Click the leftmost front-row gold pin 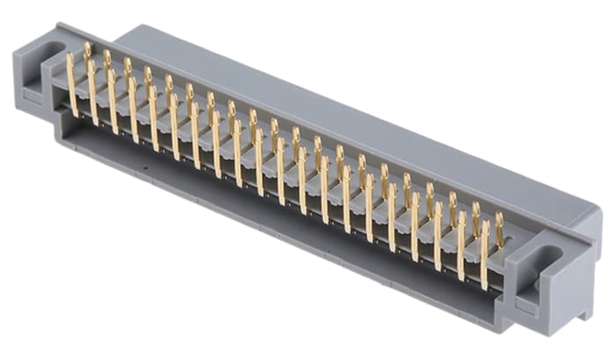click(72, 84)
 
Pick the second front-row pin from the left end click(92, 91)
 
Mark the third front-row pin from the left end click(113, 99)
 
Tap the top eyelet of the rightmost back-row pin click(500, 217)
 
